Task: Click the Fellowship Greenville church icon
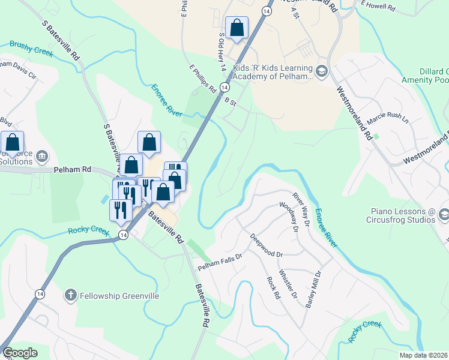coord(70,295)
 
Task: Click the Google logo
coord(19,353)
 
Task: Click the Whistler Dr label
coord(290,284)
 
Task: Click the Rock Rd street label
coord(274,287)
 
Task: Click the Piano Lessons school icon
coord(444,214)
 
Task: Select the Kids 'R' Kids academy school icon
coord(322,71)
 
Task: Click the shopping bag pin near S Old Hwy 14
coord(237,28)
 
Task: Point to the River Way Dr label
coord(301,209)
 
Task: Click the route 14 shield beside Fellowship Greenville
coord(40,293)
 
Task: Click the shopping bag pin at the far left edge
coord(12,142)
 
